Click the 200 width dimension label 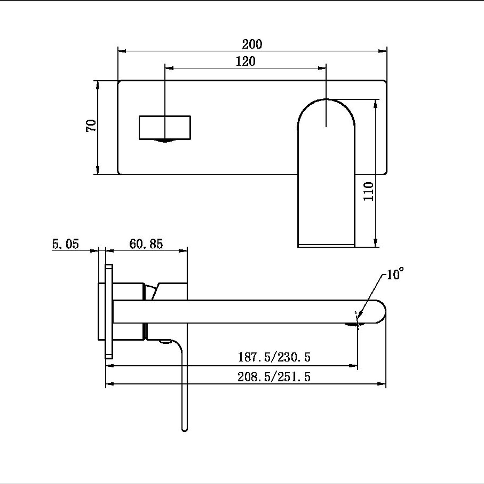coord(252,44)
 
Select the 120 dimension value coord(245,62)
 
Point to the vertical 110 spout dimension coord(369,191)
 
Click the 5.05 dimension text coord(65,244)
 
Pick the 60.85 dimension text coord(146,244)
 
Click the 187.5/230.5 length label coord(274,357)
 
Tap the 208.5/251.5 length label coord(274,377)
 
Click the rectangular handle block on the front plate coord(165,127)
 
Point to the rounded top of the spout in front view coord(326,104)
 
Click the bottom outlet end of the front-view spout coord(326,245)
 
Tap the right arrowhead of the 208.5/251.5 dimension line coord(382,384)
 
